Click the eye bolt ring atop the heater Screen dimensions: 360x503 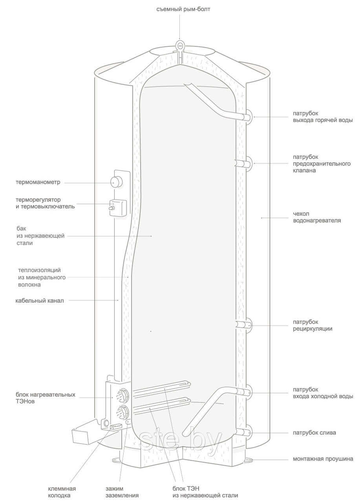pyautogui.click(x=180, y=45)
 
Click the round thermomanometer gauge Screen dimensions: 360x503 pyautogui.click(x=116, y=182)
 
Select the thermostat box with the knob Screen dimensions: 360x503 pyautogui.click(x=117, y=208)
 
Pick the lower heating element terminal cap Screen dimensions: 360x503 pyautogui.click(x=122, y=414)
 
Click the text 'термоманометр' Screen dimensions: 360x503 pyautogui.click(x=38, y=182)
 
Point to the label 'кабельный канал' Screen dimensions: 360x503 pyautogui.click(x=40, y=301)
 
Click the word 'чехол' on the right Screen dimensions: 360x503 pyautogui.click(x=301, y=213)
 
